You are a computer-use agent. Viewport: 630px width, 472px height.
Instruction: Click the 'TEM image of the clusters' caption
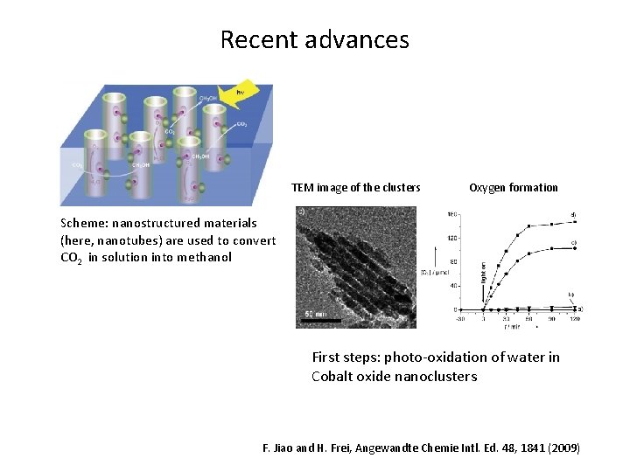click(x=355, y=187)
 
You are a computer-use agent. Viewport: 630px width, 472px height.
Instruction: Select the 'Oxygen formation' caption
click(x=513, y=187)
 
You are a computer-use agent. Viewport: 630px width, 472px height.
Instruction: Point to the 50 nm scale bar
click(x=318, y=321)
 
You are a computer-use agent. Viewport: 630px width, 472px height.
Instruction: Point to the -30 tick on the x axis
click(x=460, y=318)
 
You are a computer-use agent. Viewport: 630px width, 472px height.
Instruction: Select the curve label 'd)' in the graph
click(x=574, y=214)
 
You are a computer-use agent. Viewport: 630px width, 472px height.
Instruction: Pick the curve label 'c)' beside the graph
click(x=574, y=242)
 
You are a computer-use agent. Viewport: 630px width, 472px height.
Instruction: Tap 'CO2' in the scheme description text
click(x=72, y=258)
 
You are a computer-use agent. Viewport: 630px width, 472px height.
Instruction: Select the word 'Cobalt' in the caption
click(x=333, y=377)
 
